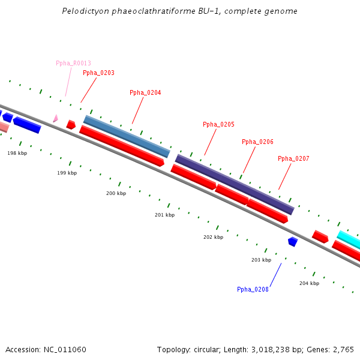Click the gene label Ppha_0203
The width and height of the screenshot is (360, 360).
[98, 73]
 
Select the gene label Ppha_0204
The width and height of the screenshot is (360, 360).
[145, 93]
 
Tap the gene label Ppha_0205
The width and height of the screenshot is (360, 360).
[218, 125]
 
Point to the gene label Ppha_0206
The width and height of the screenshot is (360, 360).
[257, 142]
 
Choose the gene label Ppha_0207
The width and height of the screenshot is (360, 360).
[293, 159]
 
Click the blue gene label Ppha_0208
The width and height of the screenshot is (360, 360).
[253, 290]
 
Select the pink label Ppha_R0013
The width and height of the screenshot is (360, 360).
[73, 64]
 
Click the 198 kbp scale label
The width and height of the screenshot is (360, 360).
[17, 154]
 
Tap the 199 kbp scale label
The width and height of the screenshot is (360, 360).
[67, 173]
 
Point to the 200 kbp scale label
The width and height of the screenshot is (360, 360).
[116, 194]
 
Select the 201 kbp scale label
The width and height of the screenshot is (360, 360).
[164, 215]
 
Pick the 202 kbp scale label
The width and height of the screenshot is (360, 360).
[213, 238]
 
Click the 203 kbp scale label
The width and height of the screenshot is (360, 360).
[261, 260]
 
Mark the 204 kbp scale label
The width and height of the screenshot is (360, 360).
[309, 283]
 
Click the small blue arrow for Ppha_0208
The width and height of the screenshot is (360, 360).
[293, 241]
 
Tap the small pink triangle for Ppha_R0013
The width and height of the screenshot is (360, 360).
[55, 119]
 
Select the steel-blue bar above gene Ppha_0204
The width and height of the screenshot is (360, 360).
[127, 137]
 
